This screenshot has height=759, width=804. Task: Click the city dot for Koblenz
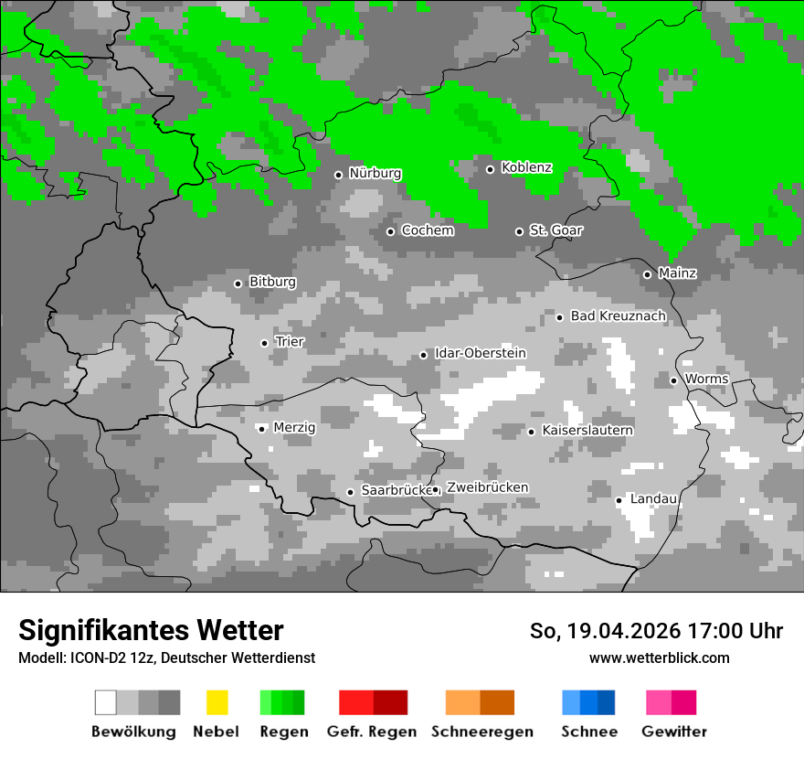tap(490, 168)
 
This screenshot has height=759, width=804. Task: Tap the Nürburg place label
tap(375, 174)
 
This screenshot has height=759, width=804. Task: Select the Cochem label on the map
tap(428, 230)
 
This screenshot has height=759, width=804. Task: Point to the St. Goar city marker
tap(519, 231)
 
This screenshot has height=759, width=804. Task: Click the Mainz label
tap(677, 273)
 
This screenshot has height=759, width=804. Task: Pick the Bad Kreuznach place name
tap(618, 316)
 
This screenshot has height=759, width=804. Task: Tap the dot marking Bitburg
tap(238, 283)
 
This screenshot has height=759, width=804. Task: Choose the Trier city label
tap(290, 342)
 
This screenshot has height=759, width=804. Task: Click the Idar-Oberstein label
tap(481, 354)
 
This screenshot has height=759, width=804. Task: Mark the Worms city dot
tap(673, 380)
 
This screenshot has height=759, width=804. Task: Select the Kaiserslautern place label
tap(587, 431)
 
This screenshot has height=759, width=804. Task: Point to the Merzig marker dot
tap(261, 429)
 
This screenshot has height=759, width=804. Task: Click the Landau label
tap(653, 499)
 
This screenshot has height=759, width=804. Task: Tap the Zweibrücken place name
tap(487, 487)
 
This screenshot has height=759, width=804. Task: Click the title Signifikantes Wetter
tap(151, 630)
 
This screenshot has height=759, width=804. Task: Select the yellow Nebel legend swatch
tap(217, 702)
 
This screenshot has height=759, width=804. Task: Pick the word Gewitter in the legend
tap(674, 732)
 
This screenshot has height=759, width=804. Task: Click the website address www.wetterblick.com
tap(659, 657)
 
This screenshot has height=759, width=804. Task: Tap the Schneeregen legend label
tap(482, 732)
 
